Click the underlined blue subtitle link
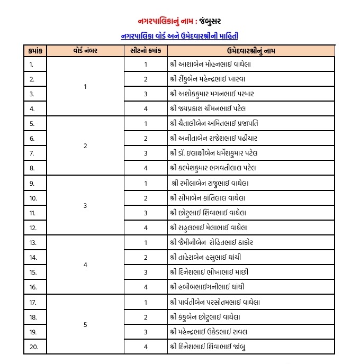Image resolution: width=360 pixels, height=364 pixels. click(x=179, y=35)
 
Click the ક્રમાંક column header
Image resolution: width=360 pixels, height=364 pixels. click(x=35, y=51)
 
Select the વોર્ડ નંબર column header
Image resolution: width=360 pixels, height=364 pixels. click(x=85, y=51)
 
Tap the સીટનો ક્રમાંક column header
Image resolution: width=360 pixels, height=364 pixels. click(x=145, y=51)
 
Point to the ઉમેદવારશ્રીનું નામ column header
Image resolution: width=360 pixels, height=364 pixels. click(x=250, y=51)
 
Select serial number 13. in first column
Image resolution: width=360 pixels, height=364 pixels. click(x=32, y=242)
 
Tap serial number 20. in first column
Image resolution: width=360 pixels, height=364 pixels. click(x=32, y=347)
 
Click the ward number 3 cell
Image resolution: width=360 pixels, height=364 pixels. click(x=85, y=205)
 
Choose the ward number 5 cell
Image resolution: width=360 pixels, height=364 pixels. click(x=85, y=324)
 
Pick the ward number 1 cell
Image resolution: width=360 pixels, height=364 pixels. click(x=85, y=86)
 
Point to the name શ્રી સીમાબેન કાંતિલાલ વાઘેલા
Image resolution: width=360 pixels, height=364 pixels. click(x=208, y=198)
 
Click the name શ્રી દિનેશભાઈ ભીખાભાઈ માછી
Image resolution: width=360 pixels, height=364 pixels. click(x=209, y=272)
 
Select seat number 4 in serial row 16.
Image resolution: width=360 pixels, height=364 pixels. click(x=145, y=287)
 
